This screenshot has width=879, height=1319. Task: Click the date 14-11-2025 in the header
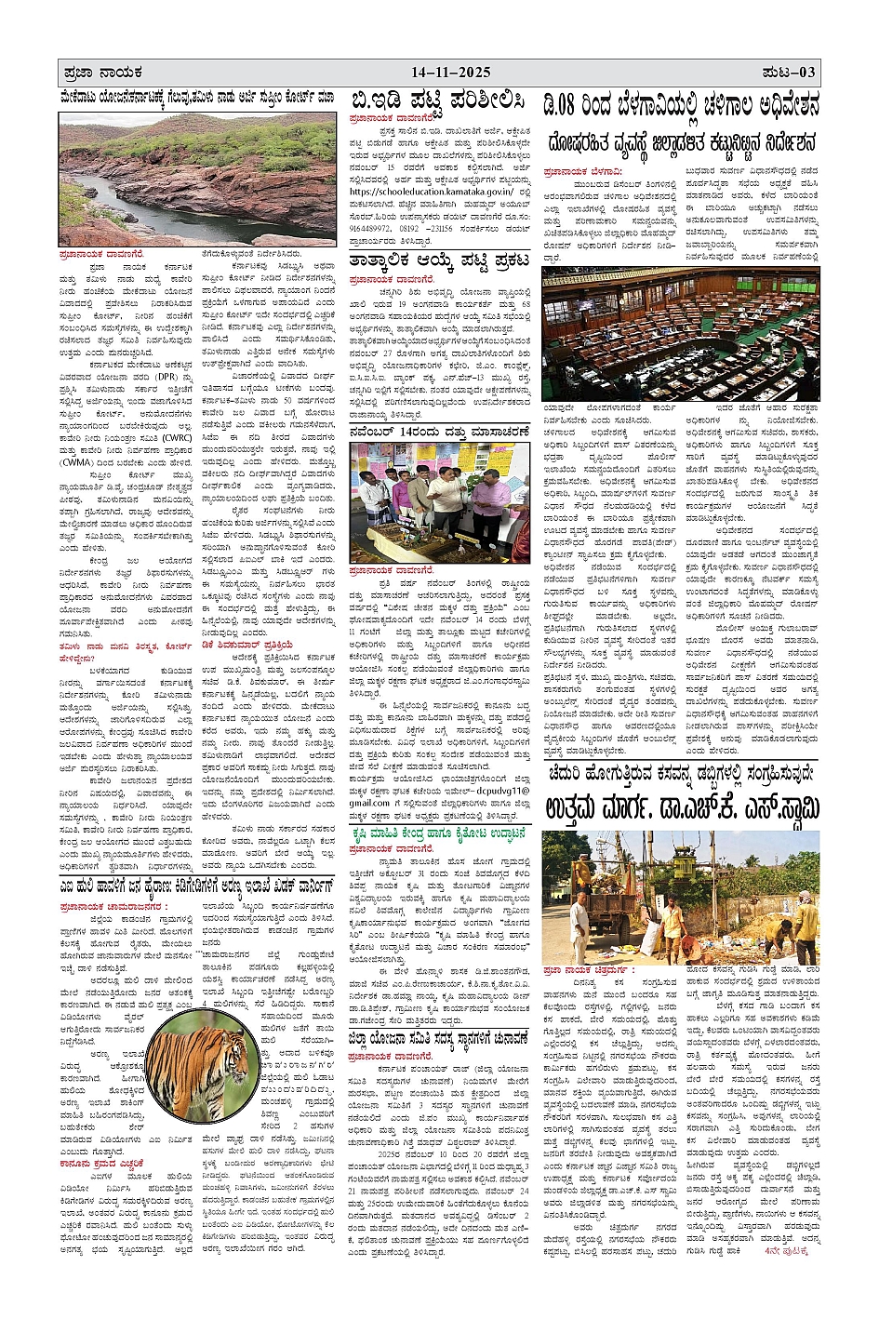pyautogui.click(x=450, y=73)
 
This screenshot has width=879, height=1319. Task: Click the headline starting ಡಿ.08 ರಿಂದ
pyautogui.click(x=681, y=108)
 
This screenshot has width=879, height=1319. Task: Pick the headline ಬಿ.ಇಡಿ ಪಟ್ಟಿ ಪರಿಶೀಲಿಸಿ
pyautogui.click(x=437, y=101)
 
